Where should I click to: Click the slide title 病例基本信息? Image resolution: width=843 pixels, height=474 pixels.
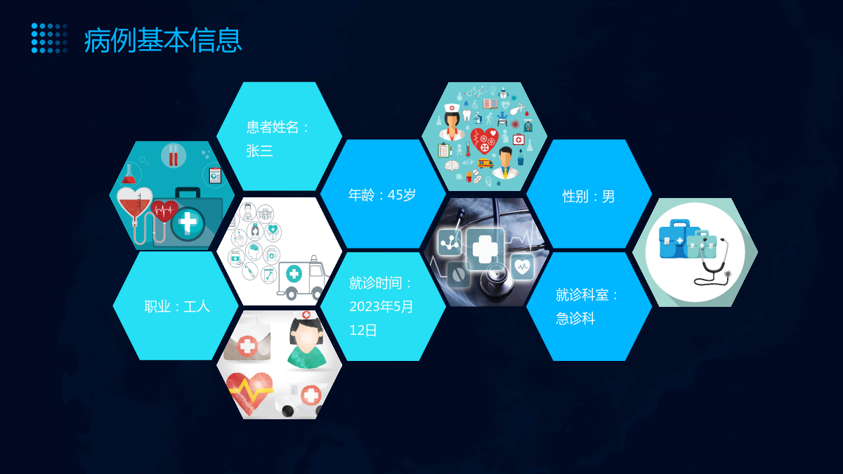pyautogui.click(x=162, y=40)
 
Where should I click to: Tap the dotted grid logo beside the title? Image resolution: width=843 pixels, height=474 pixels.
pyautogui.click(x=49, y=38)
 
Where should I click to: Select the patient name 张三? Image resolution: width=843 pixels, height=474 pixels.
pyautogui.click(x=259, y=151)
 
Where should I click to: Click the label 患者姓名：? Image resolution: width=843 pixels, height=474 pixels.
pyautogui.click(x=277, y=127)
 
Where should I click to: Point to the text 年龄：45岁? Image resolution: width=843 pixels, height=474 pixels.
pyautogui.click(x=382, y=195)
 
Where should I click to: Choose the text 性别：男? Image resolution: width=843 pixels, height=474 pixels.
pyautogui.click(x=589, y=197)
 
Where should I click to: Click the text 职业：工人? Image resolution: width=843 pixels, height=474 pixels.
pyautogui.click(x=177, y=306)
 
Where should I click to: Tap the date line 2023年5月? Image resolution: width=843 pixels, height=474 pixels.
pyautogui.click(x=381, y=307)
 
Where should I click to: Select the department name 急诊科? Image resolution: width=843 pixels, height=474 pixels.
pyautogui.click(x=575, y=318)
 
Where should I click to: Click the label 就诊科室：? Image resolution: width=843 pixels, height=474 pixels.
pyautogui.click(x=587, y=294)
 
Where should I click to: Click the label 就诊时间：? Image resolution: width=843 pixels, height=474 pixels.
pyautogui.click(x=381, y=283)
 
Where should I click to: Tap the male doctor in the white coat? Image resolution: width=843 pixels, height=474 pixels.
pyautogui.click(x=505, y=162)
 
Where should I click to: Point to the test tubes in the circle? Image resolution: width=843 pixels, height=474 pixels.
pyautogui.click(x=173, y=155)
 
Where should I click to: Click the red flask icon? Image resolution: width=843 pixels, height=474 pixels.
pyautogui.click(x=129, y=174)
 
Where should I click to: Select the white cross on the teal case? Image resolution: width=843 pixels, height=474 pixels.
pyautogui.click(x=188, y=223)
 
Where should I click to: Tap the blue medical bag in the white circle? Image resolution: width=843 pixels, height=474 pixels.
pyautogui.click(x=675, y=239)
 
